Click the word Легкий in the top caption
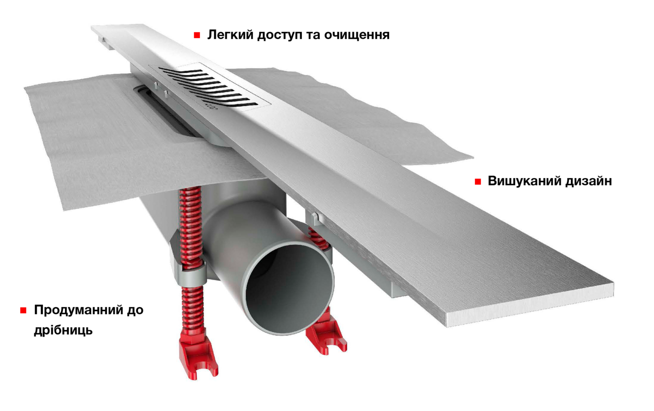(x=227, y=35)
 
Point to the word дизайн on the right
(x=588, y=182)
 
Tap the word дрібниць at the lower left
(x=63, y=330)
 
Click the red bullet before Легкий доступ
(x=196, y=36)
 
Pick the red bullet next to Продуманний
(x=23, y=311)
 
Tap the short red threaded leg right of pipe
(x=316, y=236)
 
